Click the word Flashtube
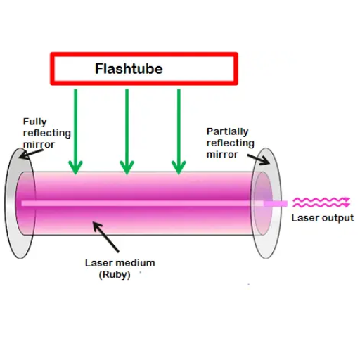129,69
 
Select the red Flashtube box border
144,54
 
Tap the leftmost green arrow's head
75,167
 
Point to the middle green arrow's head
127,167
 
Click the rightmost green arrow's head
179,167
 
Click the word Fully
35,122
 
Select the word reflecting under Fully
47,133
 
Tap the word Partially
227,131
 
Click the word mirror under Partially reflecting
222,155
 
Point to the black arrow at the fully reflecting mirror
31,154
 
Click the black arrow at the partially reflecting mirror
258,160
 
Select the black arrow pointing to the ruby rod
106,237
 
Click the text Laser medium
120,263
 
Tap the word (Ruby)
115,275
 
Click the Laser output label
323,218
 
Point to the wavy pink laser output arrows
321,202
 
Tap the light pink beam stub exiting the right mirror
276,204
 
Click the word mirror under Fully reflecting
39,145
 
